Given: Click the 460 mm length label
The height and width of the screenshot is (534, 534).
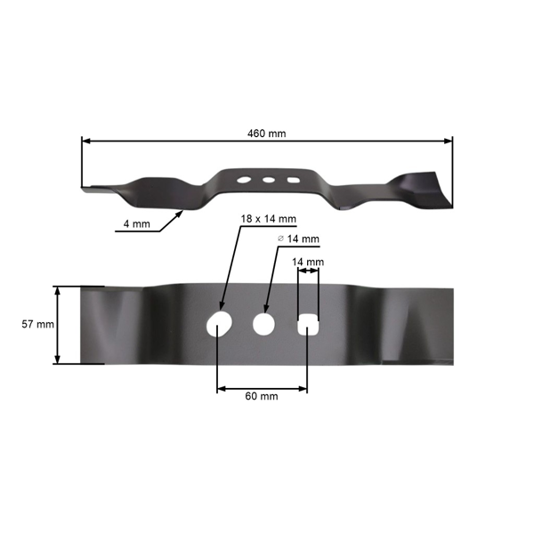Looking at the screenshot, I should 267,133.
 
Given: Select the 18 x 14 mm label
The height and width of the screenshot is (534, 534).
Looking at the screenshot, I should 268,218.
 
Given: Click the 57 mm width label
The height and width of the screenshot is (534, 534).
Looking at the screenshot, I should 37,325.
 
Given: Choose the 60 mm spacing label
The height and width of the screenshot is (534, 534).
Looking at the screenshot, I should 263,396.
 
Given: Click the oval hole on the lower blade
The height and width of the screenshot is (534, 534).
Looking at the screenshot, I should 219,323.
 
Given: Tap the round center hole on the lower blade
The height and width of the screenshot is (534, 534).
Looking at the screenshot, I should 263,323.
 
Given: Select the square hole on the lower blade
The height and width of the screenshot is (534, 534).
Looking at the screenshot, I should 307,324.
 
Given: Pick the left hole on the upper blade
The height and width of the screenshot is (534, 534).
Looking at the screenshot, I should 243,181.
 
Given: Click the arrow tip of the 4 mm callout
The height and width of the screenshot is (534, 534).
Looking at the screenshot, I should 184,211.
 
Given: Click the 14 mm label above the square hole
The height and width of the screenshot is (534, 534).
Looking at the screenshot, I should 307,262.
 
